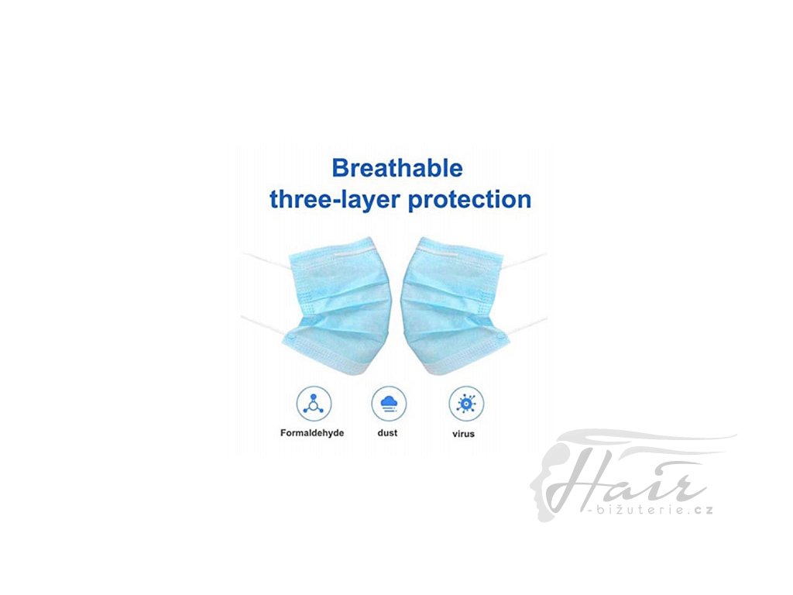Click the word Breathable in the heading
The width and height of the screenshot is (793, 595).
(x=397, y=168)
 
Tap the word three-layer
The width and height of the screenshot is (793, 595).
(x=335, y=199)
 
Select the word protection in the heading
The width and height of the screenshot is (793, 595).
(x=470, y=200)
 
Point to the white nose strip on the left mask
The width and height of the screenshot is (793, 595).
(x=353, y=253)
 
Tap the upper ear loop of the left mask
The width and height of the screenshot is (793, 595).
(x=266, y=260)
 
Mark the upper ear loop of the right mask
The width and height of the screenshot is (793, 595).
(x=525, y=260)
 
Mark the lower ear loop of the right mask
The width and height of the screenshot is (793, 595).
(x=527, y=326)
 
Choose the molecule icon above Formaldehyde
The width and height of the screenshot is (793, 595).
(x=314, y=404)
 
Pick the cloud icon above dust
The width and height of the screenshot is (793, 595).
(x=389, y=404)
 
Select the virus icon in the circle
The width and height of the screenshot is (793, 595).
(x=465, y=404)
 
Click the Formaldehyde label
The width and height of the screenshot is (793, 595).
(x=312, y=433)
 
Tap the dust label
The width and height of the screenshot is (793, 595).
(x=387, y=433)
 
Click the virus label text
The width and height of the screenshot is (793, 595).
(x=463, y=434)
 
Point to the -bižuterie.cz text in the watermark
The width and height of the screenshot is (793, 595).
(x=651, y=510)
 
